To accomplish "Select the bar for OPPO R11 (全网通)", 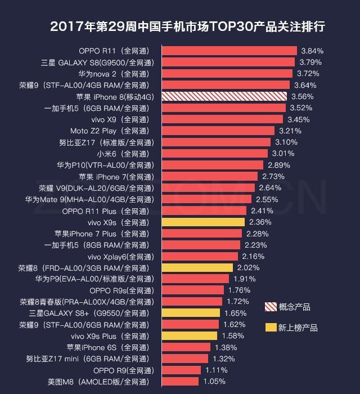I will tap(229, 51).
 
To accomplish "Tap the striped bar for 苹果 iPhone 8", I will tap(224, 96).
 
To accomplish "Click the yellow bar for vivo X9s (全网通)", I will tap(203, 222).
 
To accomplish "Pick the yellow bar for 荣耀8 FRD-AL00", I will tap(197, 268).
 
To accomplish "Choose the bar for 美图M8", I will tap(180, 382).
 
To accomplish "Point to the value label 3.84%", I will tap(312, 51).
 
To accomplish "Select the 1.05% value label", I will tap(214, 382).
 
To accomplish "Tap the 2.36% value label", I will tap(260, 222).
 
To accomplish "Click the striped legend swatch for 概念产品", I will tap(271, 307).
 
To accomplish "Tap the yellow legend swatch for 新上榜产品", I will tap(271, 328).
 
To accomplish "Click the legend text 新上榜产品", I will tap(298, 328).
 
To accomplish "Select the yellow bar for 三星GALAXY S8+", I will tap(191, 313).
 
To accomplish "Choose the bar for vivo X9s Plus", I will tap(190, 336).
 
